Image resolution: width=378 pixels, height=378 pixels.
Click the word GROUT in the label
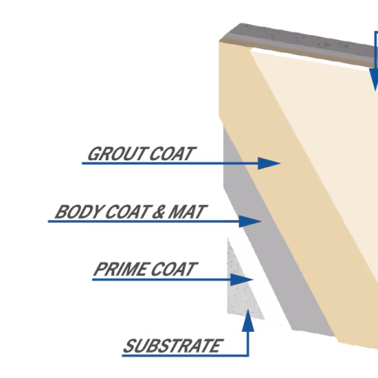117,153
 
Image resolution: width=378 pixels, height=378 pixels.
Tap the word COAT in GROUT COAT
172,153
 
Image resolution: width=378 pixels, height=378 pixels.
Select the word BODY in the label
79,212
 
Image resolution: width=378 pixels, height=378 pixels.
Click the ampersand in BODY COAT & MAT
158,212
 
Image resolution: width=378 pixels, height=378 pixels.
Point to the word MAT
187,212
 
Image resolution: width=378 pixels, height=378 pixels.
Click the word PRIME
121,269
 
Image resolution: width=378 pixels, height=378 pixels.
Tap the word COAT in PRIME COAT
174,269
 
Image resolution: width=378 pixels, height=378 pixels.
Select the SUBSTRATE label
173,345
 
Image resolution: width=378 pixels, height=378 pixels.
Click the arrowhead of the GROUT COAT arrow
269,163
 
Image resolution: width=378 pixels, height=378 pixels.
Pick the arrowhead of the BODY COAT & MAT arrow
250,222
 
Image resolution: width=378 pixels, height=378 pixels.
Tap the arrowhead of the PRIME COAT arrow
242,280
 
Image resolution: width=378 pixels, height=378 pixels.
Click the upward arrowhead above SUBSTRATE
248,320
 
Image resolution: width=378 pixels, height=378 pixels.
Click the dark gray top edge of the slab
300,43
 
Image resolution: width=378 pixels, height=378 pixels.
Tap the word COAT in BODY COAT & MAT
128,212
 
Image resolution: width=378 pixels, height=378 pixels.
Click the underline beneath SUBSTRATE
185,355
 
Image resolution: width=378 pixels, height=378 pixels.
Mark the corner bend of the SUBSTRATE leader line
248,355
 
